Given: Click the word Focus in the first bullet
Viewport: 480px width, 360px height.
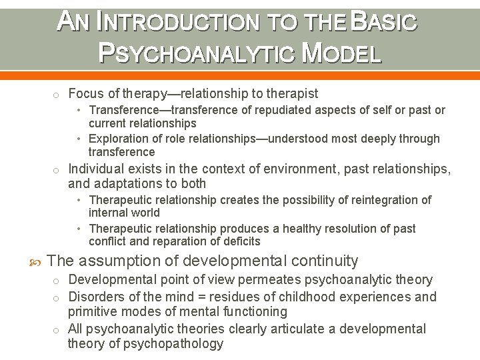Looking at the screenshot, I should tap(85, 93).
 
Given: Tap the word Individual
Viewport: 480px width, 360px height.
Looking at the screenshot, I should tap(97, 169).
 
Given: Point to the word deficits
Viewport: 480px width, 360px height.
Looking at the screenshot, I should tap(239, 241).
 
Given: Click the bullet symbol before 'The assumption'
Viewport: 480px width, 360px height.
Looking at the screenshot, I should tap(35, 261).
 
